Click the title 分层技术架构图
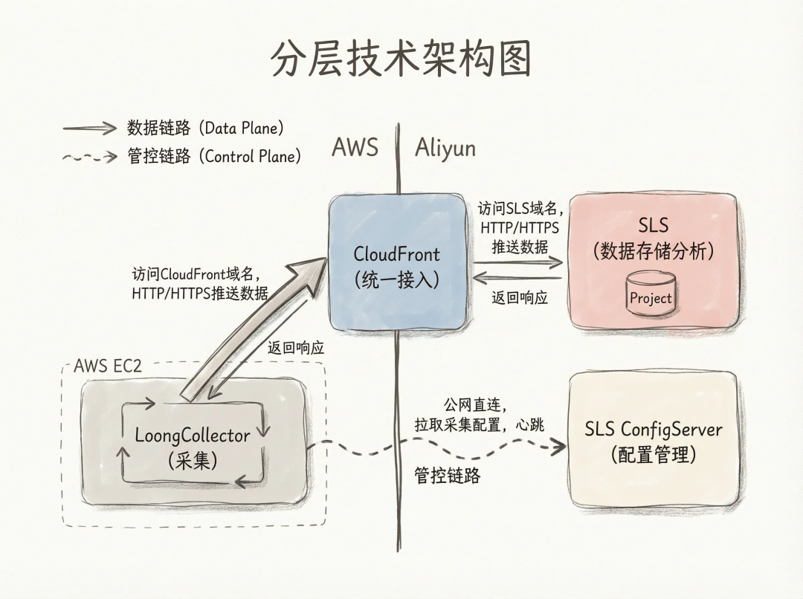[x=401, y=60]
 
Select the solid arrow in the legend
[x=90, y=128]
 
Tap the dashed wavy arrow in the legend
[x=90, y=157]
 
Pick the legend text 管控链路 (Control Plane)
[x=215, y=157]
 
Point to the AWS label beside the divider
[x=355, y=147]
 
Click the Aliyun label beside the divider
[x=445, y=147]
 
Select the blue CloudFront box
[x=396, y=264]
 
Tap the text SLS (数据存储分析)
[x=653, y=238]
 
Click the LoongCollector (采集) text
[x=193, y=447]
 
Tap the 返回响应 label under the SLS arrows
[x=520, y=299]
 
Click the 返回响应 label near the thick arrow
[x=296, y=347]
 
